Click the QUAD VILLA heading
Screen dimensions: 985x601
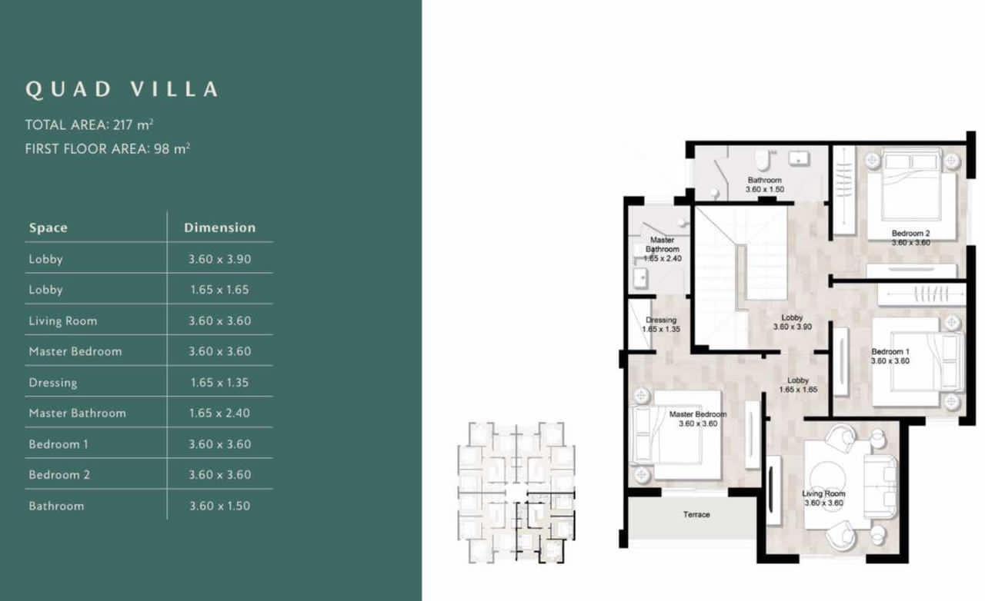pyautogui.click(x=122, y=89)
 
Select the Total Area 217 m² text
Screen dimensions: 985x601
pyautogui.click(x=89, y=125)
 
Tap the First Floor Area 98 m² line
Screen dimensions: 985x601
pyautogui.click(x=107, y=148)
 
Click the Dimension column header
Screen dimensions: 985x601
pyautogui.click(x=220, y=227)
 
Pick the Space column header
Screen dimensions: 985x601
pyautogui.click(x=48, y=227)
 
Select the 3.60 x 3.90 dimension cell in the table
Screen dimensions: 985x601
pyautogui.click(x=220, y=259)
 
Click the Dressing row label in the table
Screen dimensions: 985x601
pyautogui.click(x=53, y=383)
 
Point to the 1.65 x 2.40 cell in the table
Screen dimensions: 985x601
pyautogui.click(x=220, y=413)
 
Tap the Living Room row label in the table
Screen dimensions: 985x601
pyautogui.click(x=63, y=321)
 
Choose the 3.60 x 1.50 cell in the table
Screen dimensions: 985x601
pyautogui.click(x=220, y=506)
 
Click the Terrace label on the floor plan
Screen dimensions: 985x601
pyautogui.click(x=696, y=514)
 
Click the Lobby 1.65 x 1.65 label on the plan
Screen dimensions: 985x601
pyautogui.click(x=798, y=385)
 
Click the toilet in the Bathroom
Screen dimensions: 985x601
pyautogui.click(x=763, y=160)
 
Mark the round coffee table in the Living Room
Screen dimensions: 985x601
pyautogui.click(x=827, y=480)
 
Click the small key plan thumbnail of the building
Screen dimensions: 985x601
pyautogui.click(x=516, y=493)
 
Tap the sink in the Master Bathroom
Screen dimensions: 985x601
pyautogui.click(x=640, y=278)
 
